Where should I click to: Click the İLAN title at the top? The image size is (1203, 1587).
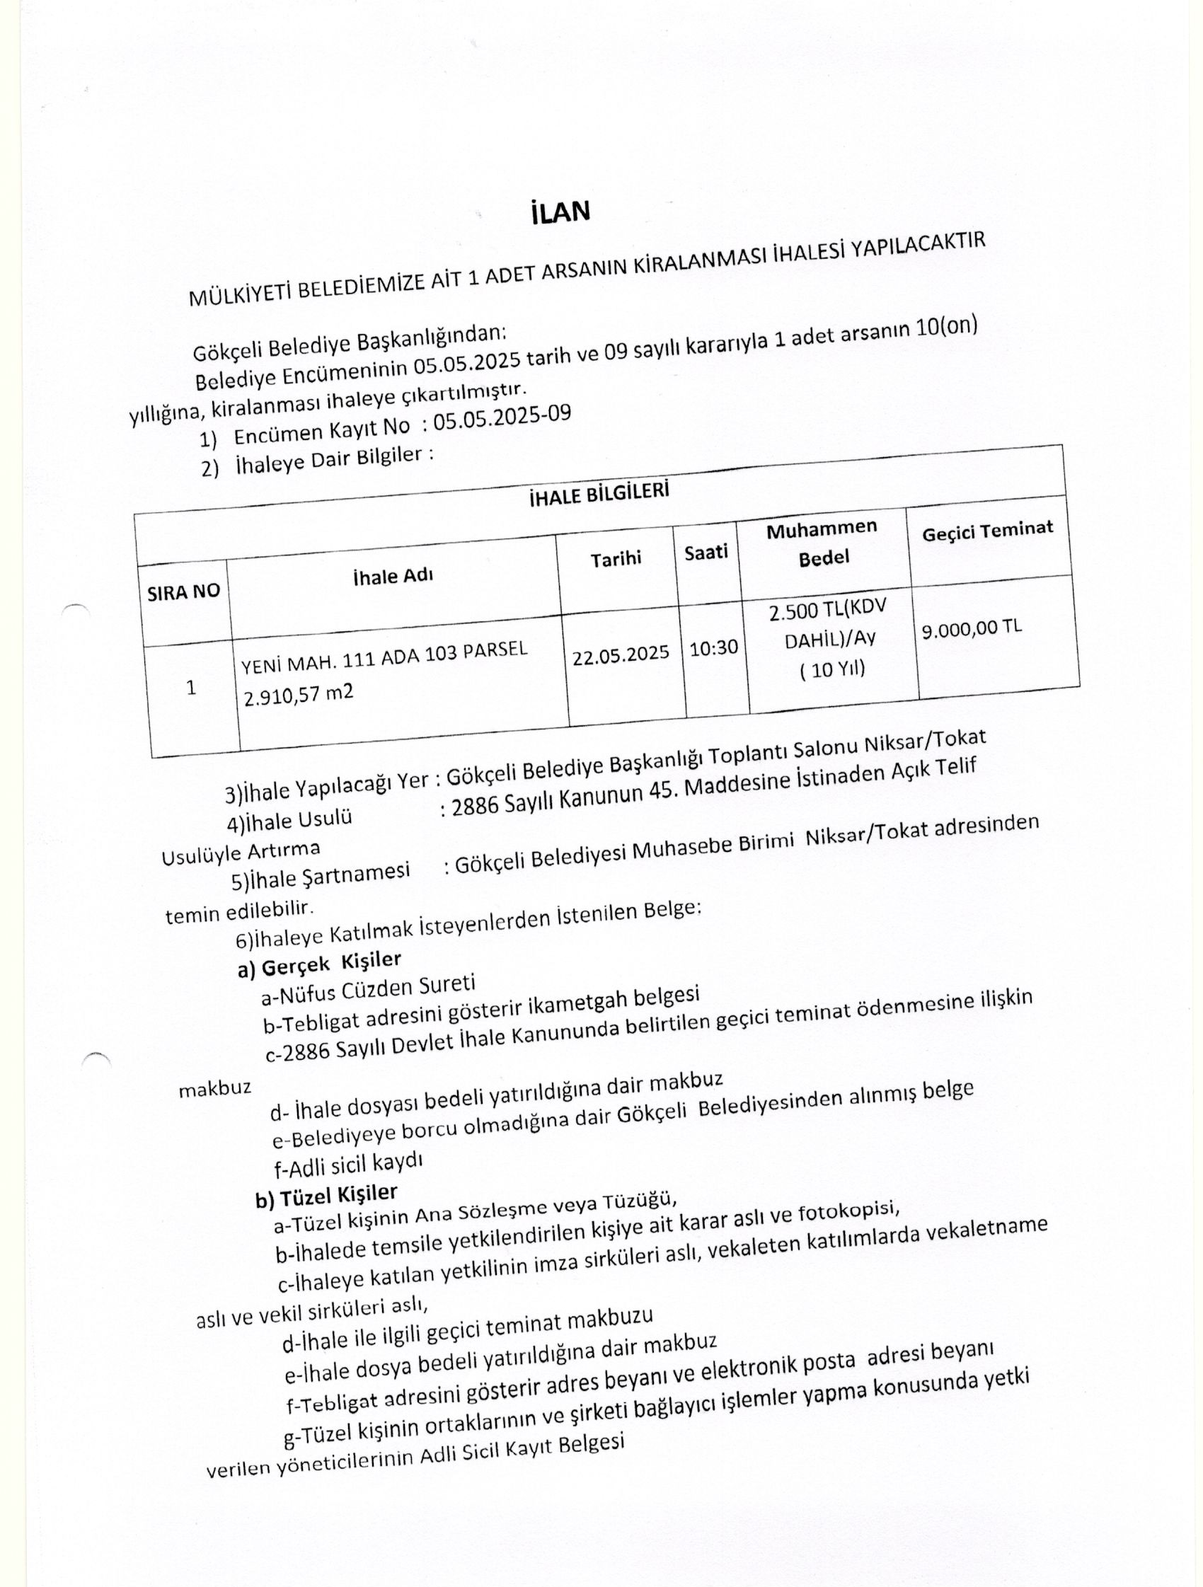pos(560,213)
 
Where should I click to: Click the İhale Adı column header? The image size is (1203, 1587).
pos(393,576)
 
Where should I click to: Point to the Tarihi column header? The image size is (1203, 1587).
pos(616,559)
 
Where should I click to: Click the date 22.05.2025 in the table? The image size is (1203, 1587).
pos(620,655)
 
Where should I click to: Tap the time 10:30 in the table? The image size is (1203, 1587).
pos(714,648)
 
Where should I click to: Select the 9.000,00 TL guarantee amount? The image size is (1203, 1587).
pos(972,629)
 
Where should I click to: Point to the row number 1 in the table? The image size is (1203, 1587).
pos(191,688)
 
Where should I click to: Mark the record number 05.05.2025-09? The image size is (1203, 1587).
pos(502,419)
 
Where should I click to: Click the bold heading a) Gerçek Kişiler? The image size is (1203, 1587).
pos(319,964)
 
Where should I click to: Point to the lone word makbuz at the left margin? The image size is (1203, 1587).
pos(215,1088)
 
